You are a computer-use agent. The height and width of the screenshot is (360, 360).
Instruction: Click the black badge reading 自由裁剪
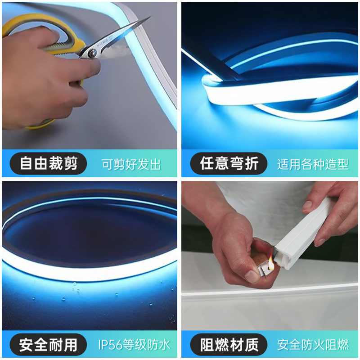coord(49,163)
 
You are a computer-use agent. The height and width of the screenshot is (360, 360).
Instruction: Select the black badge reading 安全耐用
coord(49,345)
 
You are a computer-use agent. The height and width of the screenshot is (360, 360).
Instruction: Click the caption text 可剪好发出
coord(131,164)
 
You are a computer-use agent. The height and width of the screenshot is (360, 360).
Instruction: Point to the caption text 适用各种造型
coord(313,164)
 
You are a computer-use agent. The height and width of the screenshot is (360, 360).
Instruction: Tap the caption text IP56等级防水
coord(135,346)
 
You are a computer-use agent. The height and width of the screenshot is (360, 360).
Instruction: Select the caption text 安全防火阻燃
coord(313,346)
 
